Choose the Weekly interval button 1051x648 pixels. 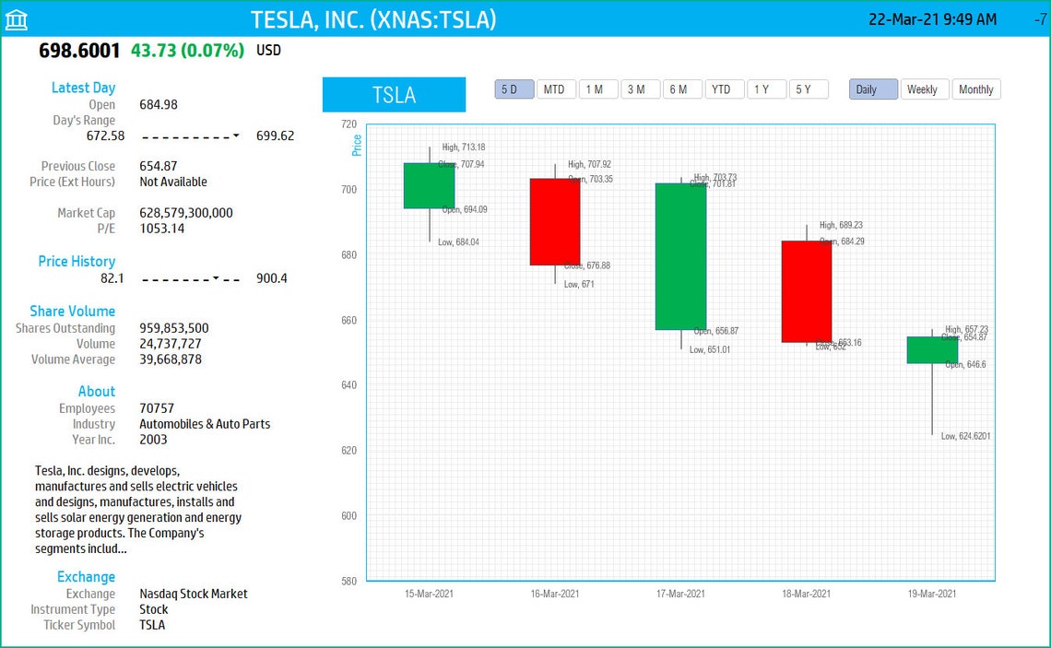click(922, 89)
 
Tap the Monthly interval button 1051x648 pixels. click(975, 89)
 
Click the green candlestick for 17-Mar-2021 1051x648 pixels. click(680, 256)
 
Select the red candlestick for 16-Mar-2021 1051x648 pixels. click(555, 221)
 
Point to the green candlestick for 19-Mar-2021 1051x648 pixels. click(932, 349)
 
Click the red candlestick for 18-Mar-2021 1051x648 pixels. click(807, 291)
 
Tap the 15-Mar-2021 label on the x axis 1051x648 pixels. click(430, 595)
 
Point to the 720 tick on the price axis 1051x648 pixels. click(348, 124)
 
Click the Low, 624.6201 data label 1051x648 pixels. click(965, 437)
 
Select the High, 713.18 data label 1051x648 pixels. click(464, 147)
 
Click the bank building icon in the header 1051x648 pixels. click(17, 19)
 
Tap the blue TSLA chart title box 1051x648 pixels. click(394, 95)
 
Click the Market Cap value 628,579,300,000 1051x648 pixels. click(186, 213)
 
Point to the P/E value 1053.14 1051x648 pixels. click(162, 229)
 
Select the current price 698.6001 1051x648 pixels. click(79, 51)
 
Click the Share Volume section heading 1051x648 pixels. click(72, 312)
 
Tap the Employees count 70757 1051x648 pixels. click(157, 408)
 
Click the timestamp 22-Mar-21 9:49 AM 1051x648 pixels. click(932, 19)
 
